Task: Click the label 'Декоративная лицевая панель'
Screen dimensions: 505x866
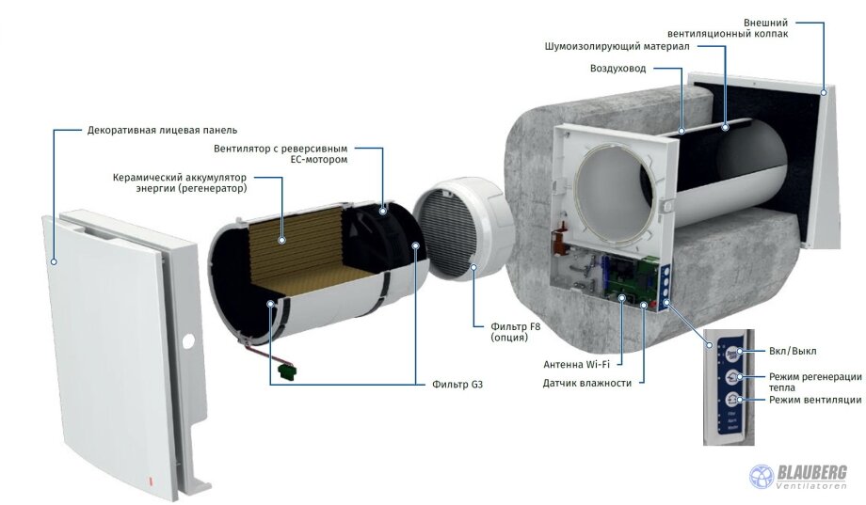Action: coord(162,129)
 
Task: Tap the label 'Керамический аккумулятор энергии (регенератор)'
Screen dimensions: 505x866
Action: coord(179,182)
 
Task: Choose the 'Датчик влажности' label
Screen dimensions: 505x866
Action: coord(586,383)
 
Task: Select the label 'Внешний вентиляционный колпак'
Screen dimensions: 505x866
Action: coord(752,27)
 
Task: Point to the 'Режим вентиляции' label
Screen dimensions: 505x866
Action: coord(814,400)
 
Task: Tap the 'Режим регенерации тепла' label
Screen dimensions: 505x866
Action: coord(814,382)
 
